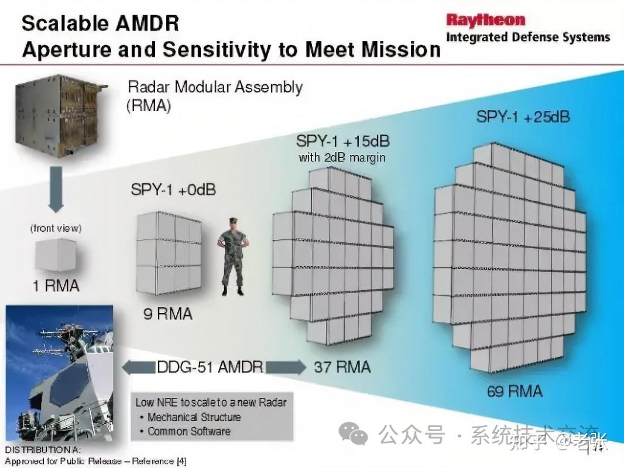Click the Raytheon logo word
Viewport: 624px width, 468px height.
click(485, 19)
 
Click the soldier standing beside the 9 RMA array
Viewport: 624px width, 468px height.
click(232, 255)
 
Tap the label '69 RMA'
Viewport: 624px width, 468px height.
click(514, 391)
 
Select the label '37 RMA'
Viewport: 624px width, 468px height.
click(342, 367)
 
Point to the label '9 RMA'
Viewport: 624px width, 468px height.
click(168, 314)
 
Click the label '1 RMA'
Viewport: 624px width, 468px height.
click(56, 286)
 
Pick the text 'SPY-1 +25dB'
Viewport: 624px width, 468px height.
click(523, 116)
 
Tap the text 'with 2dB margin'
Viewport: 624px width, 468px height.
click(342, 157)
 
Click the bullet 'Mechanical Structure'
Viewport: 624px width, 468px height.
click(193, 417)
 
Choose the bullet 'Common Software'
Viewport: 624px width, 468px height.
click(188, 431)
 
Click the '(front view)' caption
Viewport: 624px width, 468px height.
click(56, 228)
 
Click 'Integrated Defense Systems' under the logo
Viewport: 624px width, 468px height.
click(527, 37)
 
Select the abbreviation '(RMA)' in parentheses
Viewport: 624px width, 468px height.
click(149, 106)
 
